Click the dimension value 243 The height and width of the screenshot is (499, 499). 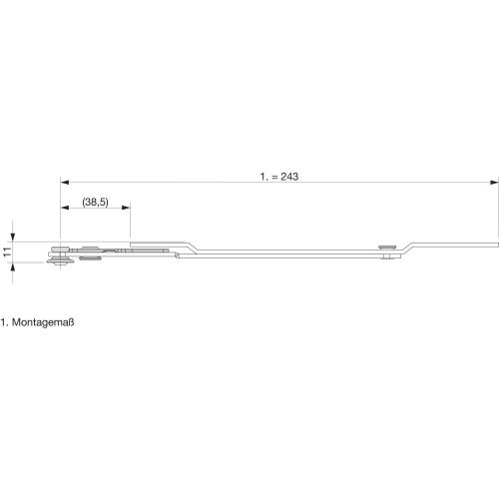[x=289, y=177]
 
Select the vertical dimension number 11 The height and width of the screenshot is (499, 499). [x=7, y=251]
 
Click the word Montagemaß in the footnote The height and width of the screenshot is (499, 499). [x=43, y=322]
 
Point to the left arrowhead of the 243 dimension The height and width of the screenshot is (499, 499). [x=65, y=183]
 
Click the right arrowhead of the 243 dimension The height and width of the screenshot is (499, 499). [x=494, y=183]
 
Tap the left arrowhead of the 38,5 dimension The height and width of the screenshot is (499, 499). [x=65, y=208]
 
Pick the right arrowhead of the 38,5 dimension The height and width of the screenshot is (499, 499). [x=126, y=208]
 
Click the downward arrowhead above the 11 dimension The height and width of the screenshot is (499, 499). [x=13, y=237]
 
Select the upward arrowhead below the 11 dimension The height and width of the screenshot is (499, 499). [x=13, y=266]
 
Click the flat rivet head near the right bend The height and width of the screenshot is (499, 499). [x=387, y=247]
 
